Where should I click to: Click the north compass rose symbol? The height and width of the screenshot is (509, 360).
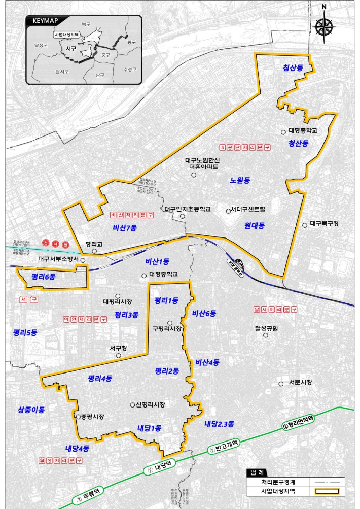325,26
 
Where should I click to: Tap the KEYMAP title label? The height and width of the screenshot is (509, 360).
45,21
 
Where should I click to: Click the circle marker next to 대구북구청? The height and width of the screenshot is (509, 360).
305,224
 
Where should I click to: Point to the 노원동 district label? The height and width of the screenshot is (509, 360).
240,180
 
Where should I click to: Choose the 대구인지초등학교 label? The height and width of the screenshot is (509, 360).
188,209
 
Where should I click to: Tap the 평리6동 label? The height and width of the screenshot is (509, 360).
43,277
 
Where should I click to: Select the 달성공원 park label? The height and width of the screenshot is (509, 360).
267,328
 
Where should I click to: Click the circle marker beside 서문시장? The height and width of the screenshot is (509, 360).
280,383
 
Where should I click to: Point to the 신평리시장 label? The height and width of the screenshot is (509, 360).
151,404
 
